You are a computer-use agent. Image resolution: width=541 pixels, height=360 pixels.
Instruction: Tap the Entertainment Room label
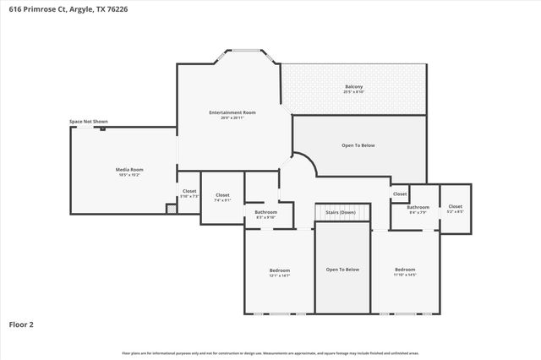[x=232, y=112]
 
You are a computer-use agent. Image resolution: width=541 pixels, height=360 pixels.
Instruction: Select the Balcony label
[x=354, y=87]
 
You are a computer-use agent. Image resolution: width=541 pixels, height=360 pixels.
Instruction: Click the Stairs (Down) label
[x=342, y=211]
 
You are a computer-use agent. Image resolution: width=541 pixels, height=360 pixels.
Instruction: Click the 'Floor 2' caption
[x=21, y=324]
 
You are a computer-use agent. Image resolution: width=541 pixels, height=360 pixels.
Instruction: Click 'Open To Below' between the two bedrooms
[x=342, y=269]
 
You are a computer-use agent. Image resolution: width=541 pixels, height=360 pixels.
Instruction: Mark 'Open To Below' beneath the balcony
[x=358, y=145]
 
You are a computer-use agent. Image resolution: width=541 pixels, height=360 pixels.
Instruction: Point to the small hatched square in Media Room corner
[x=172, y=208]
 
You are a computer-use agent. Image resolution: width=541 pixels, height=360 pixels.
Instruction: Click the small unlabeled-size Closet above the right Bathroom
[x=399, y=194]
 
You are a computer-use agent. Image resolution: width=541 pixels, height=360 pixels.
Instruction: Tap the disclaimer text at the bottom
[x=270, y=352]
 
